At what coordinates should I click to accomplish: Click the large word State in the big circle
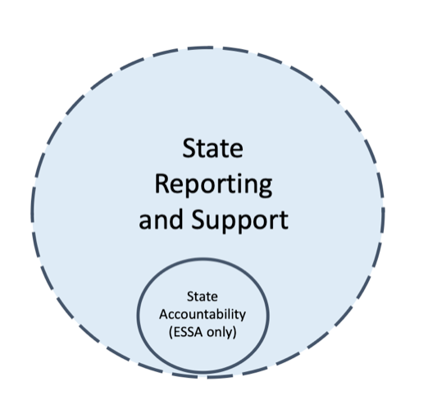coord(212,148)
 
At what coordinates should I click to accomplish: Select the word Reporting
coord(213,184)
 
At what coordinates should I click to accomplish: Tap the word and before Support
coord(161,219)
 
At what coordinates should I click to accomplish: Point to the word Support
coord(239,220)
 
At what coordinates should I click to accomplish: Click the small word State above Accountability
coord(203,297)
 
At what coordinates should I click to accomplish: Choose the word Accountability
coord(203,315)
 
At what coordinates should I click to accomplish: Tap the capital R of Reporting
coord(162,184)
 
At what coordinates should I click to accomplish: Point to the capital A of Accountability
coord(164,314)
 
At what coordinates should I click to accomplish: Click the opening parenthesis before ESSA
coord(171,333)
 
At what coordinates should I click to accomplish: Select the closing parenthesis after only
coord(234,333)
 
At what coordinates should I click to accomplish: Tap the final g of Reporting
coord(265,188)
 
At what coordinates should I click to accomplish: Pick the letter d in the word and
coord(176,219)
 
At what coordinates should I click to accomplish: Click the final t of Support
coord(285,220)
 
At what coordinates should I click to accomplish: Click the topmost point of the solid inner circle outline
coord(203,259)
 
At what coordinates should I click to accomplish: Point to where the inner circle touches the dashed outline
coord(203,373)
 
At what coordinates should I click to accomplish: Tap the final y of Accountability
coord(242,317)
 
